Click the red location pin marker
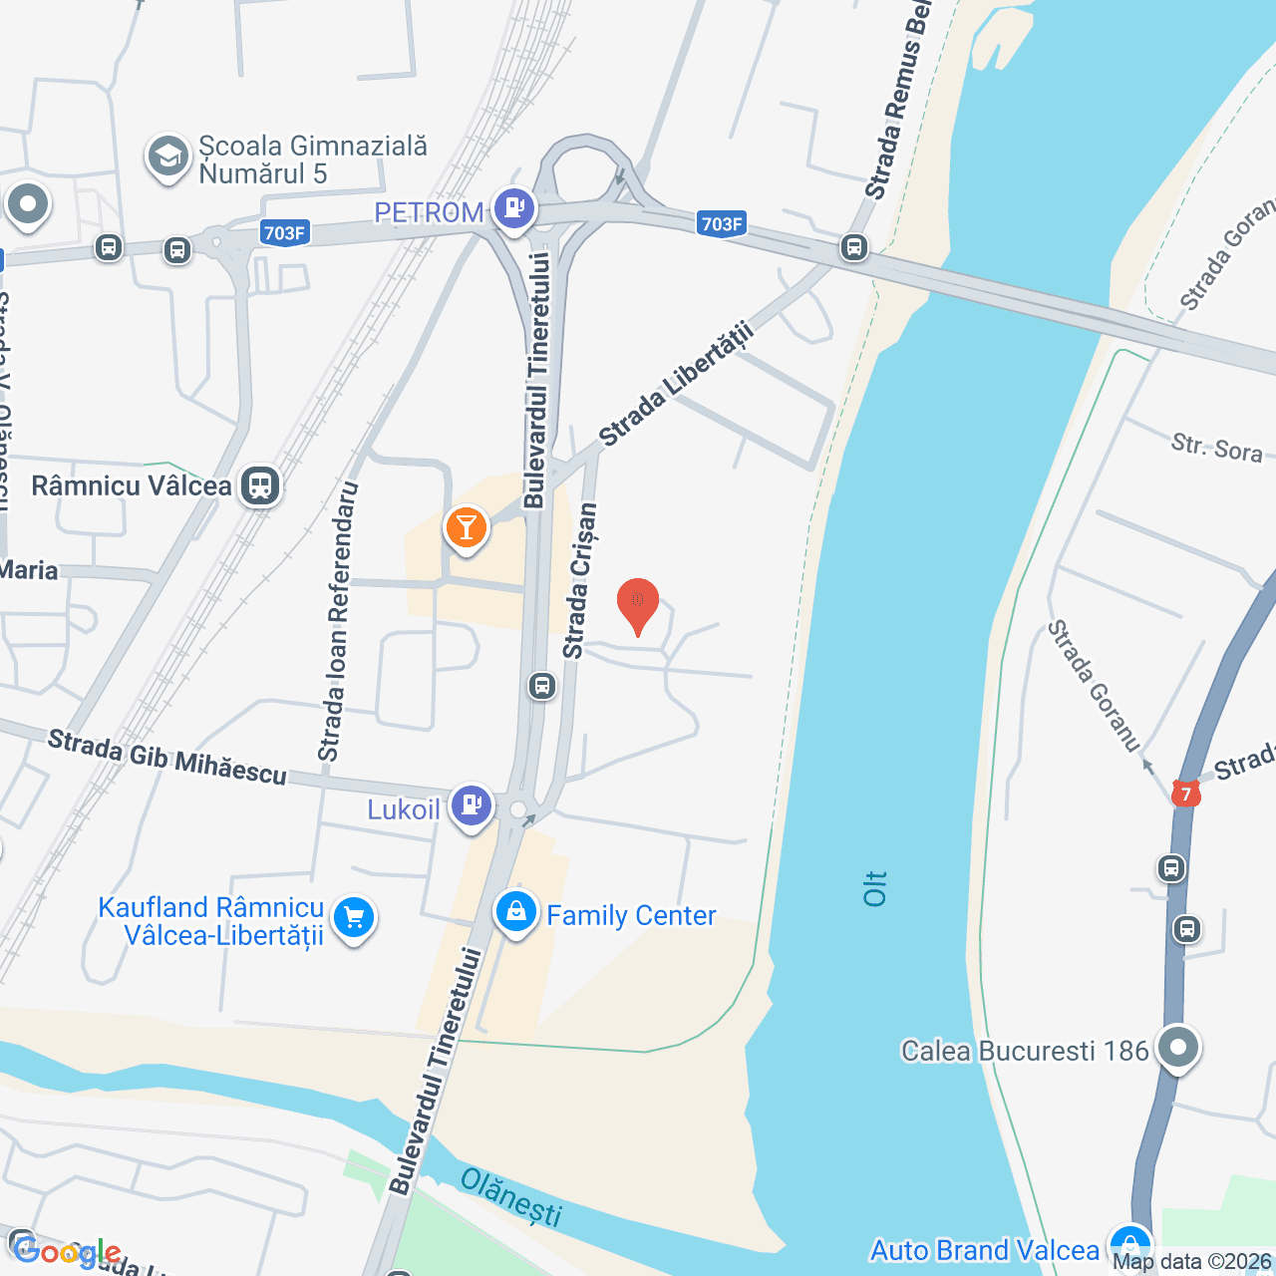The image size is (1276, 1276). [638, 604]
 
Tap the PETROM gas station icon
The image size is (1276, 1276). [514, 209]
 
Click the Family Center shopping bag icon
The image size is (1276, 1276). [516, 912]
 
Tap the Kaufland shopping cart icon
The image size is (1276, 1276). [354, 917]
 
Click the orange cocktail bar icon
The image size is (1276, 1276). [466, 527]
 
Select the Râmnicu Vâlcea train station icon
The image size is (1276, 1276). [260, 485]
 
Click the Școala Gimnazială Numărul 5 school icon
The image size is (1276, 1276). [167, 158]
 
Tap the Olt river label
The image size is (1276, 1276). [874, 887]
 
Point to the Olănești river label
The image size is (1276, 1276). [511, 1196]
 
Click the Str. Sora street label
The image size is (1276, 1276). [1216, 448]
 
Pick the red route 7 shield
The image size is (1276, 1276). [1185, 794]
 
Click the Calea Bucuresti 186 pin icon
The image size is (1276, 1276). [1178, 1048]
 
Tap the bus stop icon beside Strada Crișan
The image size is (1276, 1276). [542, 685]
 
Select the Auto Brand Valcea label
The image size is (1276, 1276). [984, 1250]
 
